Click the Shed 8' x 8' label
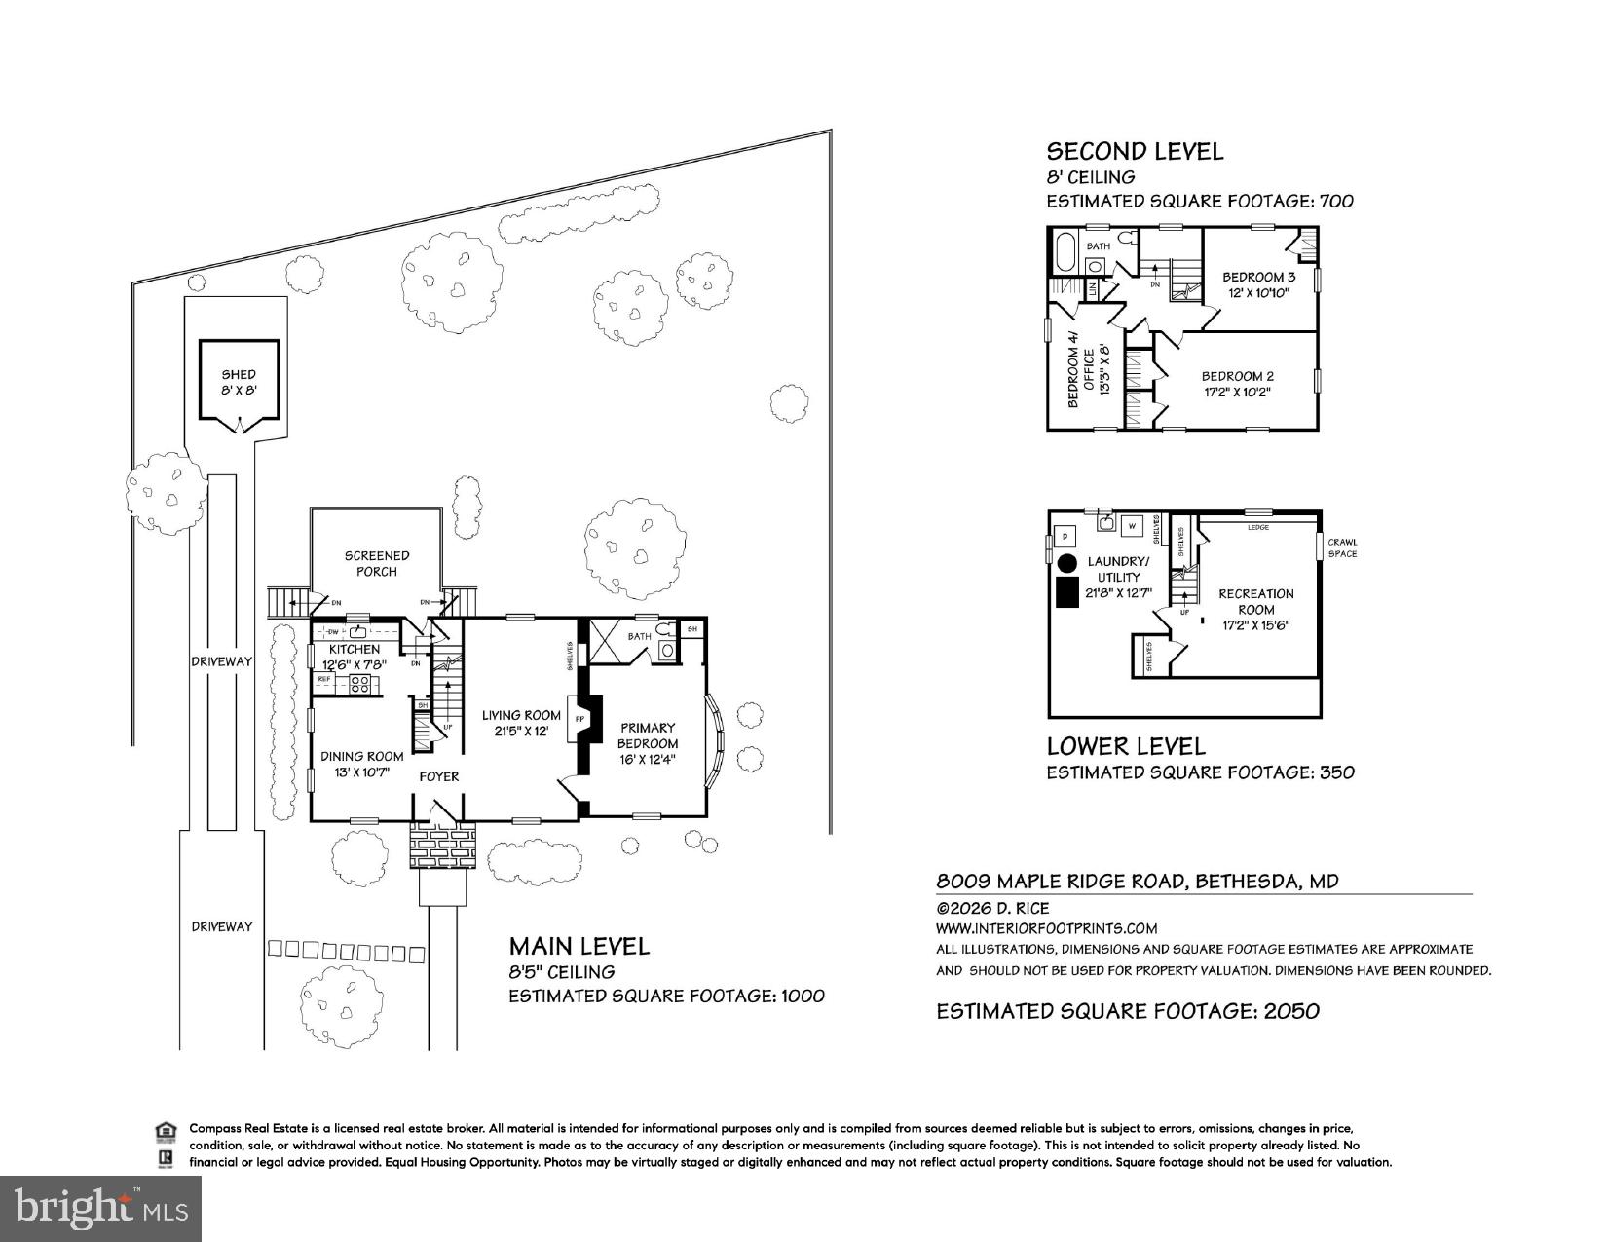pos(239,382)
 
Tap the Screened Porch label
pos(377,563)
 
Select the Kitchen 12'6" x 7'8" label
pos(355,656)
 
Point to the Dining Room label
pos(362,756)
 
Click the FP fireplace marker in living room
pos(580,719)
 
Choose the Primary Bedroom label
pos(648,735)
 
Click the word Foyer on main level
pos(438,776)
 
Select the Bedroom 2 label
pos(1237,376)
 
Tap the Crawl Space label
pos(1342,547)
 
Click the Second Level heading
pos(1135,151)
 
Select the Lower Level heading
pos(1126,746)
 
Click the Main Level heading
pos(579,945)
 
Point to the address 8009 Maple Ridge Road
pos(1137,882)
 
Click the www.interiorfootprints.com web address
pos(1046,928)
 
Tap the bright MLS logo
pos(101,1208)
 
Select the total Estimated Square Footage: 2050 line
pos(1128,1011)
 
